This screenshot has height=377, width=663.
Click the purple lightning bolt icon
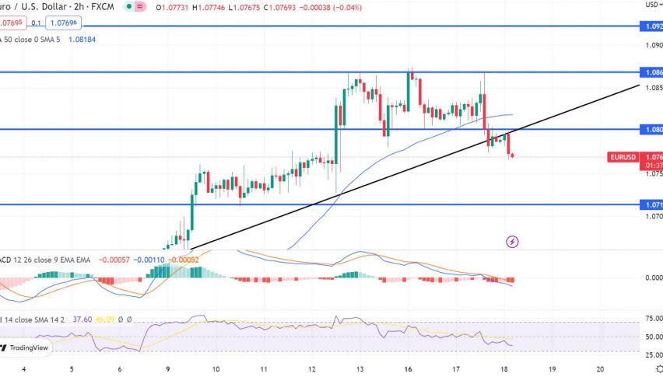point(513,242)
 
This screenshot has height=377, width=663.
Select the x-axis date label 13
point(360,369)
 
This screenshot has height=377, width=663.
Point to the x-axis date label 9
point(167,369)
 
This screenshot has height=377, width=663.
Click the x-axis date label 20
point(599,369)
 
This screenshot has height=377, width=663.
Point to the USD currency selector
point(652,5)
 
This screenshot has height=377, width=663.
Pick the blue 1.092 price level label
point(654,26)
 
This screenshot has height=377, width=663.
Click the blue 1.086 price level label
point(654,72)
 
